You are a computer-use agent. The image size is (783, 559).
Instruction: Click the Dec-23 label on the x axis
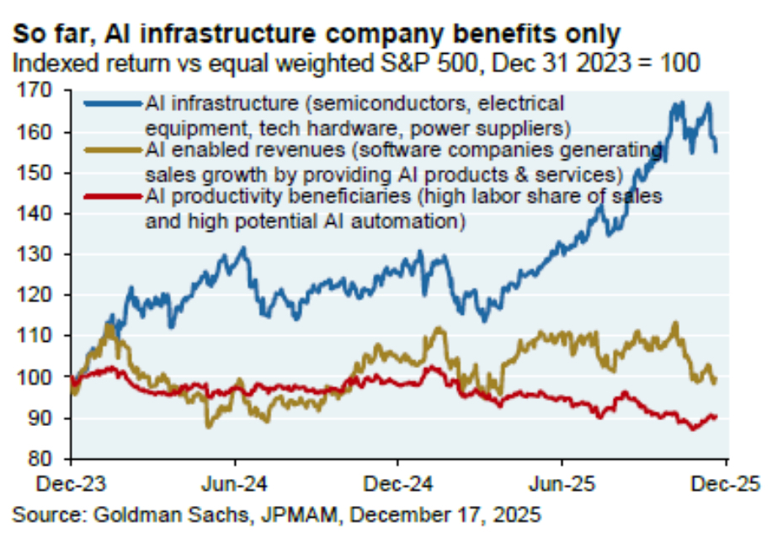(70, 484)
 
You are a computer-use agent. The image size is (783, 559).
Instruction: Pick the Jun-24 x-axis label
(234, 484)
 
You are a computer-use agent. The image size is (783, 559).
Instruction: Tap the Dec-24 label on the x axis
(398, 484)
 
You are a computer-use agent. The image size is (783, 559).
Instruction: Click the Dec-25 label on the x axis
(726, 484)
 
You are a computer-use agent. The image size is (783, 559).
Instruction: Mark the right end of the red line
(716, 416)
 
